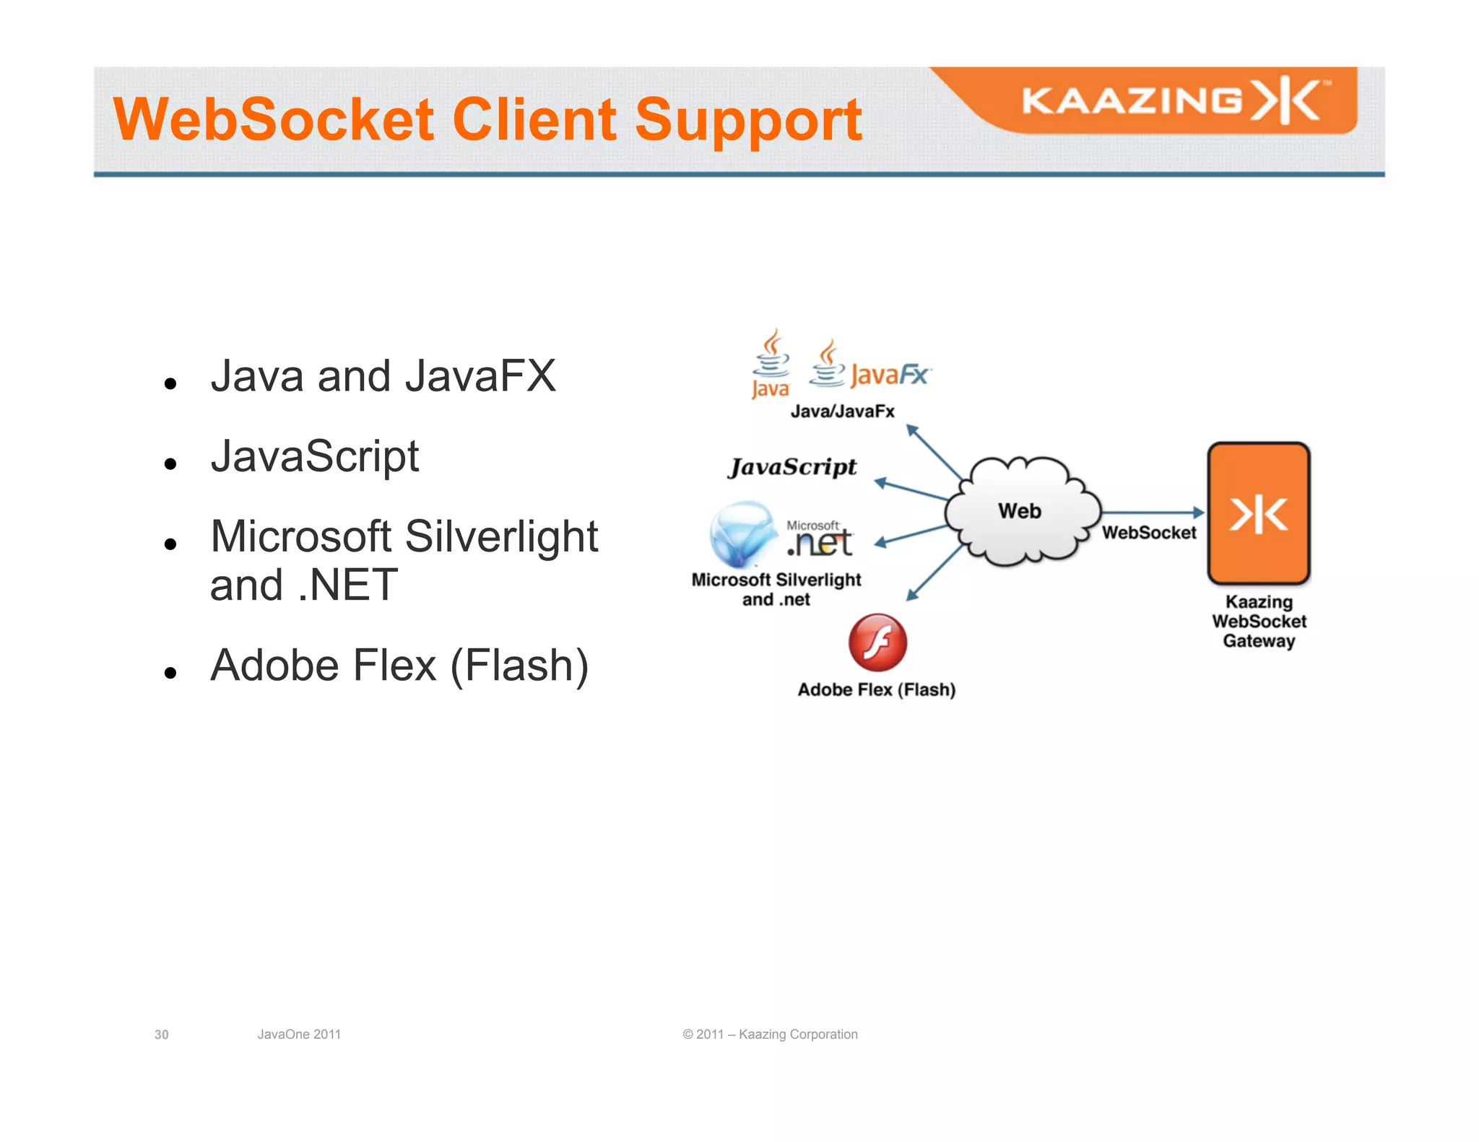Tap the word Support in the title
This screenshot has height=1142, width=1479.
747,121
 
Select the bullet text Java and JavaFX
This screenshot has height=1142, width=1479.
383,376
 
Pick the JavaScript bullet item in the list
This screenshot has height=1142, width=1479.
314,456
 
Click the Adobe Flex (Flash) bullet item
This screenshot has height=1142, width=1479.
399,665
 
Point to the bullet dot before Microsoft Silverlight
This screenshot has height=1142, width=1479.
170,544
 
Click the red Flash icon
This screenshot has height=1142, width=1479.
877,642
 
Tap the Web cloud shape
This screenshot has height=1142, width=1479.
1020,511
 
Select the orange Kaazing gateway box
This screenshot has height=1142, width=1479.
1258,513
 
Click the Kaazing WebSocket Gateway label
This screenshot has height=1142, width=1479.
1258,622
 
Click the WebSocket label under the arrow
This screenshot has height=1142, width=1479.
1148,533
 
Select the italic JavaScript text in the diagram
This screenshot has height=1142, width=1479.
792,467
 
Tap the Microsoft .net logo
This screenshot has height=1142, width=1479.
820,539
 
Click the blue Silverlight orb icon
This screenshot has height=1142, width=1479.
742,535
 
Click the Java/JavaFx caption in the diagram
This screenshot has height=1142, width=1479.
842,411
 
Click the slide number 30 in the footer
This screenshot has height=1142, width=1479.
161,1034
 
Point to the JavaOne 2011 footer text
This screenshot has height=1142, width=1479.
299,1034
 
